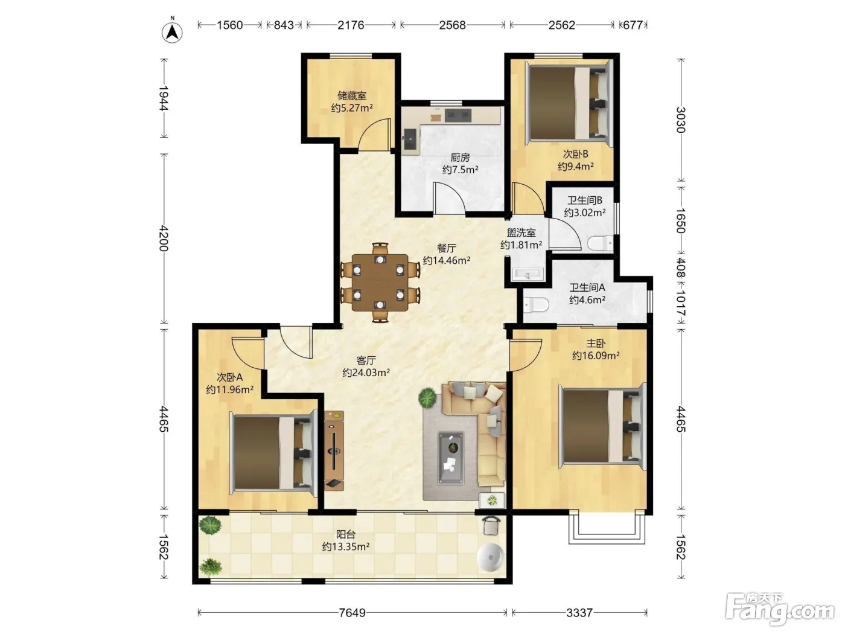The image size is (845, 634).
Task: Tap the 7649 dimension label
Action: pyautogui.click(x=352, y=612)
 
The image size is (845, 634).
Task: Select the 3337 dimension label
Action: pyautogui.click(x=579, y=612)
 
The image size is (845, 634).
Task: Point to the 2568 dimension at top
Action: pyautogui.click(x=452, y=25)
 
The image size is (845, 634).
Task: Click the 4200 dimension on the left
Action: pyautogui.click(x=164, y=239)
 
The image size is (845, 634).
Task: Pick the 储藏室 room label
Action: pyautogui.click(x=352, y=95)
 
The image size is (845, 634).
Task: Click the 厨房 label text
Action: pyautogui.click(x=460, y=158)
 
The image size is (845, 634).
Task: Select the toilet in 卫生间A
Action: pyautogui.click(x=536, y=305)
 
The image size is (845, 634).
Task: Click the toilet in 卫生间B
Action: pyautogui.click(x=600, y=243)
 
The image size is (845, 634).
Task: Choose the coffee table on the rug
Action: pyautogui.click(x=451, y=458)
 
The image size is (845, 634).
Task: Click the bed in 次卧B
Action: pyautogui.click(x=569, y=103)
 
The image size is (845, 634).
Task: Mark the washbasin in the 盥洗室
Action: pyautogui.click(x=528, y=274)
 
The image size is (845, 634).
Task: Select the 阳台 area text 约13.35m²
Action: pyautogui.click(x=346, y=546)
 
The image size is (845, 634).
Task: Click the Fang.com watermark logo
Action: pyautogui.click(x=780, y=610)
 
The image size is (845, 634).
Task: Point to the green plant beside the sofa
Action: pyautogui.click(x=427, y=398)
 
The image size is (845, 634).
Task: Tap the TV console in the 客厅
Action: pyautogui.click(x=333, y=450)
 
